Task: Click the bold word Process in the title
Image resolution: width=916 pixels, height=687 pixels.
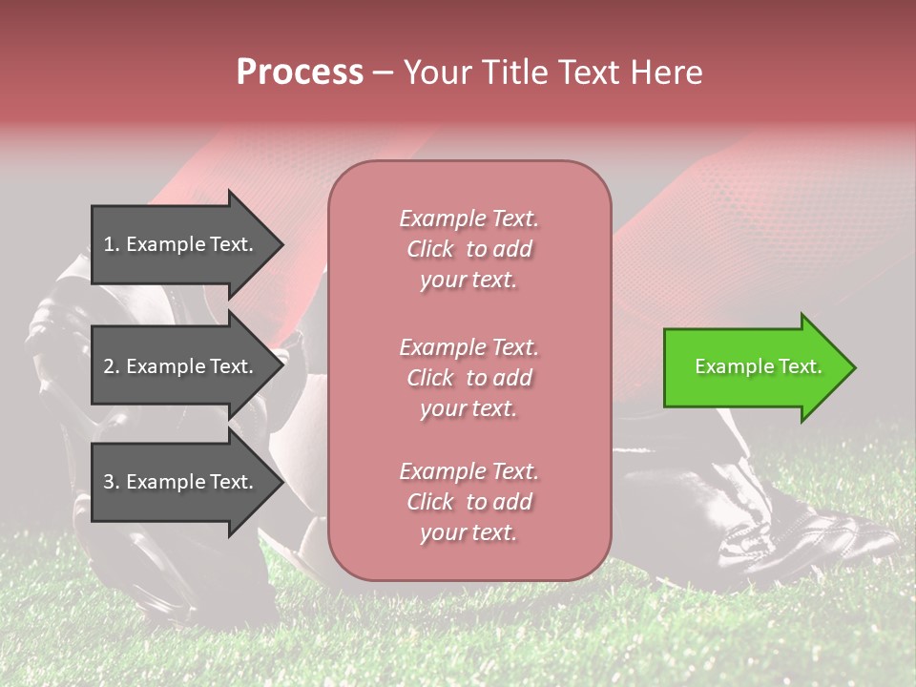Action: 300,73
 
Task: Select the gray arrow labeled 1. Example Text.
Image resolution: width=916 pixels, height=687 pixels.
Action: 181,244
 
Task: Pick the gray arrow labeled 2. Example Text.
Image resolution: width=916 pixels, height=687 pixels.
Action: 181,366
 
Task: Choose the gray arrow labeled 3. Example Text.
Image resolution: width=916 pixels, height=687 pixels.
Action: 181,482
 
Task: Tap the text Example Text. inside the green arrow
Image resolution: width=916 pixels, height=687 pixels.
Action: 758,366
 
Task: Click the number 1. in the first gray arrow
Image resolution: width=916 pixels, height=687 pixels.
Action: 111,244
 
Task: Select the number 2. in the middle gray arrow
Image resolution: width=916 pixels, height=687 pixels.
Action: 111,366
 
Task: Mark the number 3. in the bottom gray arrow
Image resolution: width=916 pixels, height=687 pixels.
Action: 111,482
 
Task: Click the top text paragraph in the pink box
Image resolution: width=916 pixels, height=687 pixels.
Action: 468,249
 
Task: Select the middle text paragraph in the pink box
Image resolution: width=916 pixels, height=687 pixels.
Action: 468,378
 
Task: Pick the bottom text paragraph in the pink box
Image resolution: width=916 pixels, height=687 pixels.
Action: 468,502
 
